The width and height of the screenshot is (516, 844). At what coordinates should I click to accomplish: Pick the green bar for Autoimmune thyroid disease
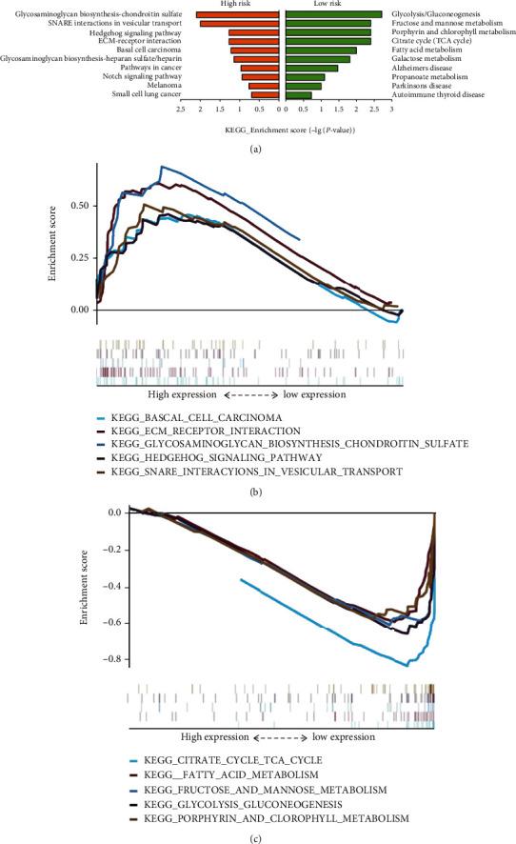click(298, 95)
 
